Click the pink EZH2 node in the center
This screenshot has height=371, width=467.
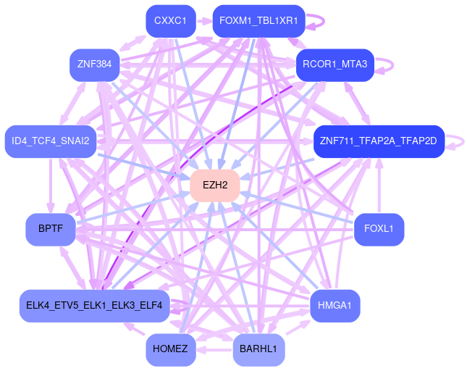coord(215,185)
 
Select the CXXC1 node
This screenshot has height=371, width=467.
coord(170,21)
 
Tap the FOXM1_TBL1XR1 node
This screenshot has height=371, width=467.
coord(258,21)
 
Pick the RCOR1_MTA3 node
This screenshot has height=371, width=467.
coord(335,64)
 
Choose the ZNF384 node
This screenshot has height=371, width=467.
coord(95,64)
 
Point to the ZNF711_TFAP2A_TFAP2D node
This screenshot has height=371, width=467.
coord(378,141)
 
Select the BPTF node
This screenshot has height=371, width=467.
coord(51,229)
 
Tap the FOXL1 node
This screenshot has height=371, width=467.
coord(379,229)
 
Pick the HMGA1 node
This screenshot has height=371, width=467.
coord(335,305)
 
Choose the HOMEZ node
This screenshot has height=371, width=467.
coord(170,349)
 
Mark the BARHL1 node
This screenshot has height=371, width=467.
coord(258,349)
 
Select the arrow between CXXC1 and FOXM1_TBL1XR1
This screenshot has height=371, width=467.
coord(203,21)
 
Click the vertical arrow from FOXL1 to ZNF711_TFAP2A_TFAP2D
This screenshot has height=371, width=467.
coord(379,185)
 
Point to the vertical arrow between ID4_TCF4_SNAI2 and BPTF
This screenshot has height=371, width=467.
coord(51,185)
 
